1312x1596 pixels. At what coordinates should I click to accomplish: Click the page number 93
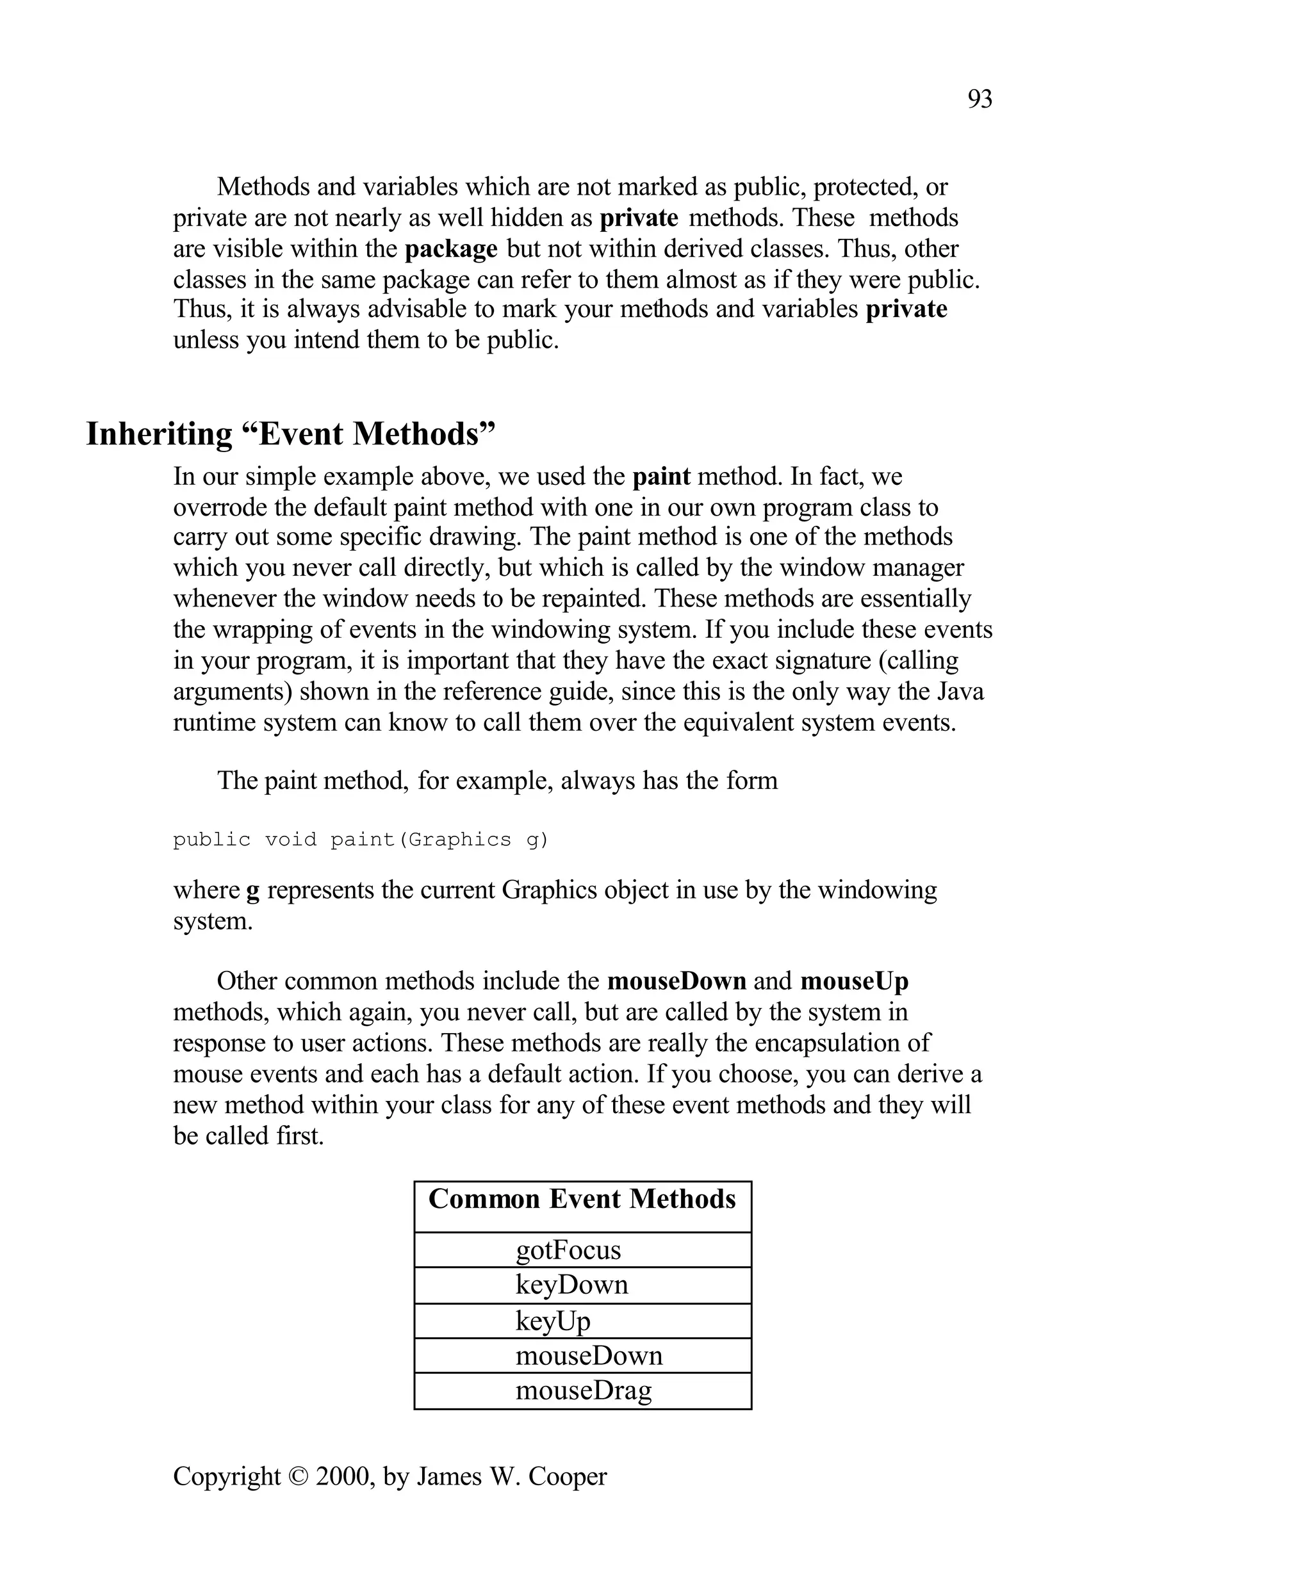tap(980, 99)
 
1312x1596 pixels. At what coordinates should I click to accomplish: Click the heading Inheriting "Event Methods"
tap(290, 434)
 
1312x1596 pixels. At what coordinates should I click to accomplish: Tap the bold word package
tap(450, 248)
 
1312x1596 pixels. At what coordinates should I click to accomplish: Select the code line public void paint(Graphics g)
tap(361, 840)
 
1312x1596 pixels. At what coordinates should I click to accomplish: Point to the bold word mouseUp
tap(854, 981)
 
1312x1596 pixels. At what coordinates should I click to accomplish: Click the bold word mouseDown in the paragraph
tap(676, 981)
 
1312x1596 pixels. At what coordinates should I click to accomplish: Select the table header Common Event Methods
tap(582, 1200)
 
